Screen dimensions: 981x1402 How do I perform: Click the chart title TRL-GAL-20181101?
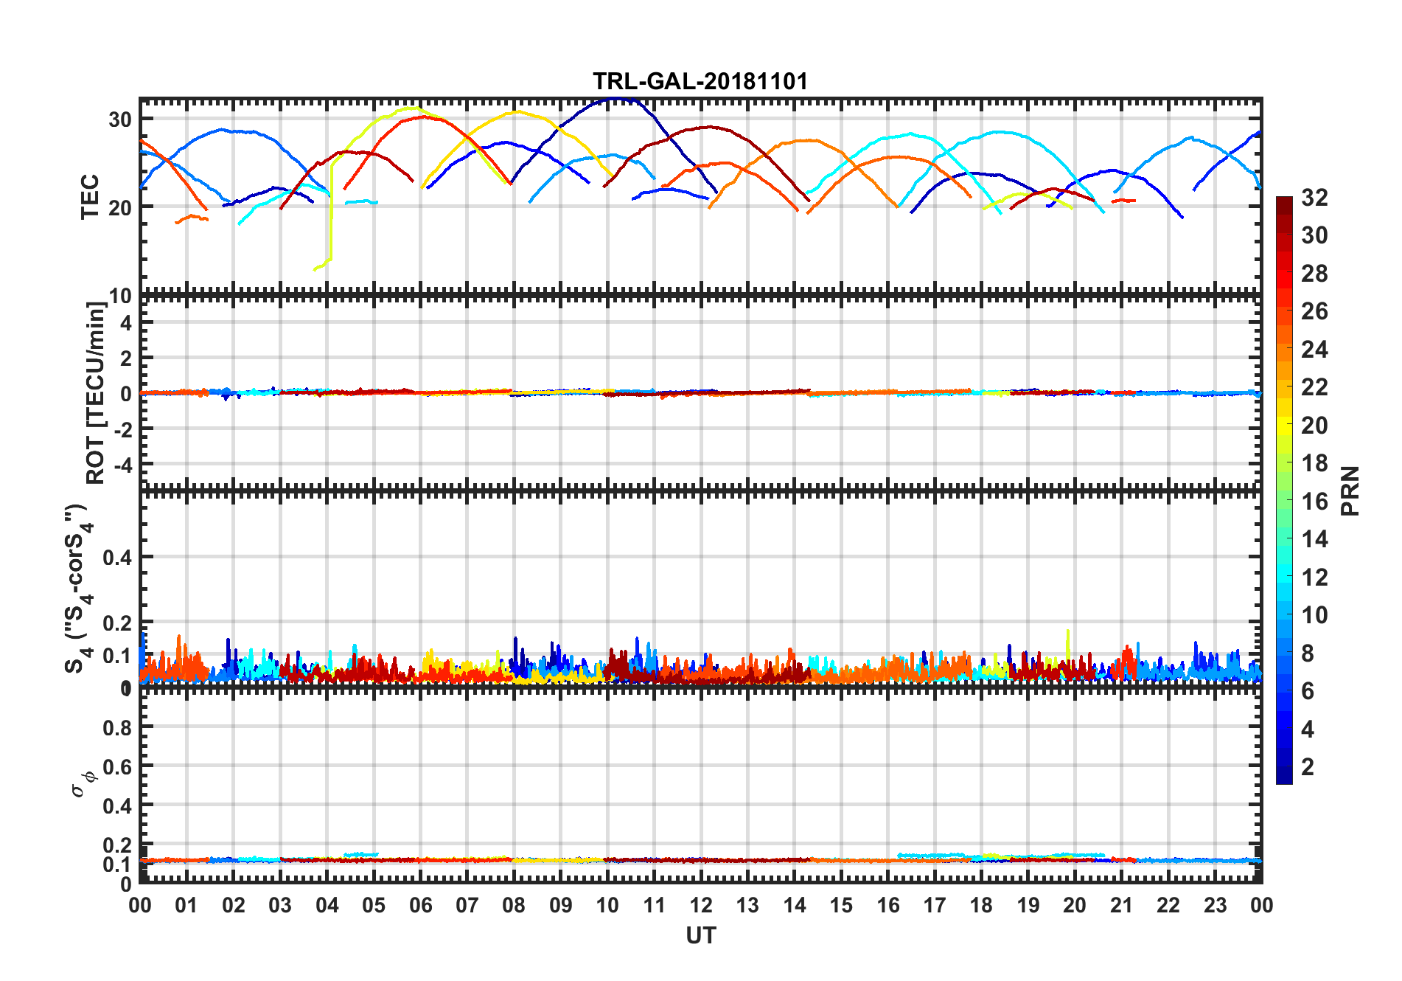700,81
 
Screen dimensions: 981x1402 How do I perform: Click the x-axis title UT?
700,936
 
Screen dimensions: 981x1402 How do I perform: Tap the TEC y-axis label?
90,196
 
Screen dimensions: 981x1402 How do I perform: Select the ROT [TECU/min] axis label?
96,392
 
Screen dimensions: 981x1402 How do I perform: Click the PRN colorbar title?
1350,490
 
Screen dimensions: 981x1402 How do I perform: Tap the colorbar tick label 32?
1314,198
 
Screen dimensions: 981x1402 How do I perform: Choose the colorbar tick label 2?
1308,767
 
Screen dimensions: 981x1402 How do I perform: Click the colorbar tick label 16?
1314,502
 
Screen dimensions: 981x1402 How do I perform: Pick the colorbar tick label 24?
1314,350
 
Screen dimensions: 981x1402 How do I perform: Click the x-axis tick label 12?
701,906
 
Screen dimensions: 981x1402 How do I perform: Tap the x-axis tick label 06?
421,906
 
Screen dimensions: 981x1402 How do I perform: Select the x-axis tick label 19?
1028,906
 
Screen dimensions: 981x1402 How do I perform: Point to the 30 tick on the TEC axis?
120,119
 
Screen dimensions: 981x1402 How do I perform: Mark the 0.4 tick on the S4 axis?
117,558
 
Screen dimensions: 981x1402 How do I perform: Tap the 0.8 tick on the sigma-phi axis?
117,728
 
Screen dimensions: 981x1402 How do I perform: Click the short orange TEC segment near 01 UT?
192,218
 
